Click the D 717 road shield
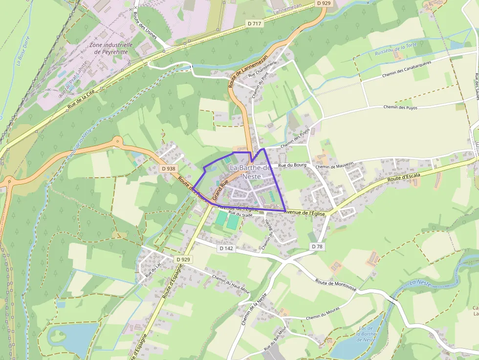[x=255, y=23]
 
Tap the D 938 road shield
[x=168, y=169]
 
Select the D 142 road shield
[x=226, y=248]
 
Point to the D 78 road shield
[x=317, y=247]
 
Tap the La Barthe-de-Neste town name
[x=250, y=172]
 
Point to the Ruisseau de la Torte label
[x=395, y=49]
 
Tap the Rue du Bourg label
[x=292, y=166]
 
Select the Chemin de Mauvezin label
[x=334, y=167]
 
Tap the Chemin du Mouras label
[x=323, y=315]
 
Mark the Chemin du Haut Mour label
[x=231, y=285]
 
